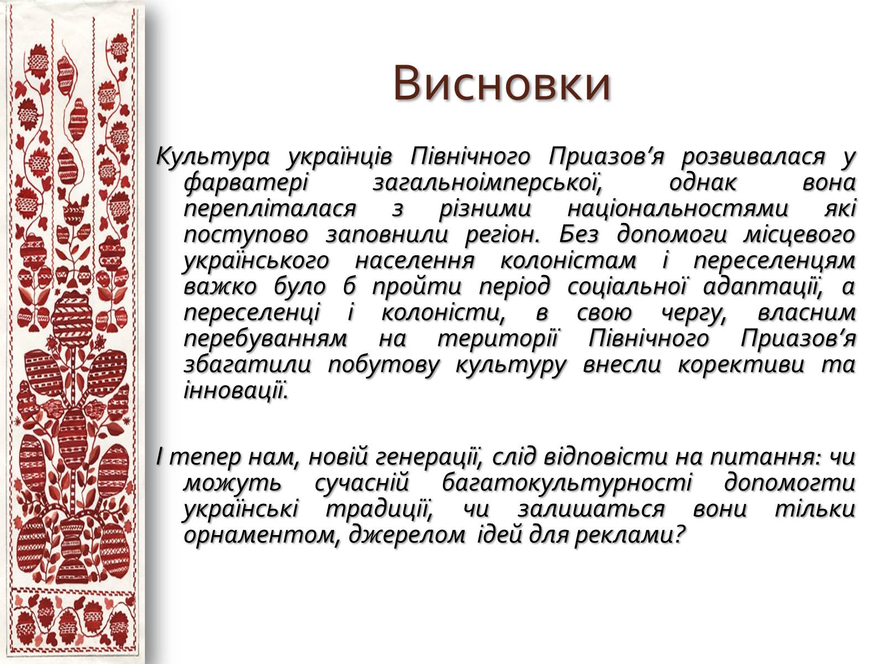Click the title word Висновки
(x=502, y=83)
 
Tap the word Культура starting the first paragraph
(x=212, y=157)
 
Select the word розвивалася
(x=753, y=157)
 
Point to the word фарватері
(x=246, y=183)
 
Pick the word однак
(x=702, y=183)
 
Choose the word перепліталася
(x=270, y=209)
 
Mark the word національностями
(x=678, y=209)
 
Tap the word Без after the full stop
(x=579, y=234)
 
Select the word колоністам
(x=568, y=261)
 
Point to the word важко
(x=220, y=287)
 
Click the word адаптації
(x=763, y=287)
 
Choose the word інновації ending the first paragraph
(x=236, y=391)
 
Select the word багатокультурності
(x=566, y=483)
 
